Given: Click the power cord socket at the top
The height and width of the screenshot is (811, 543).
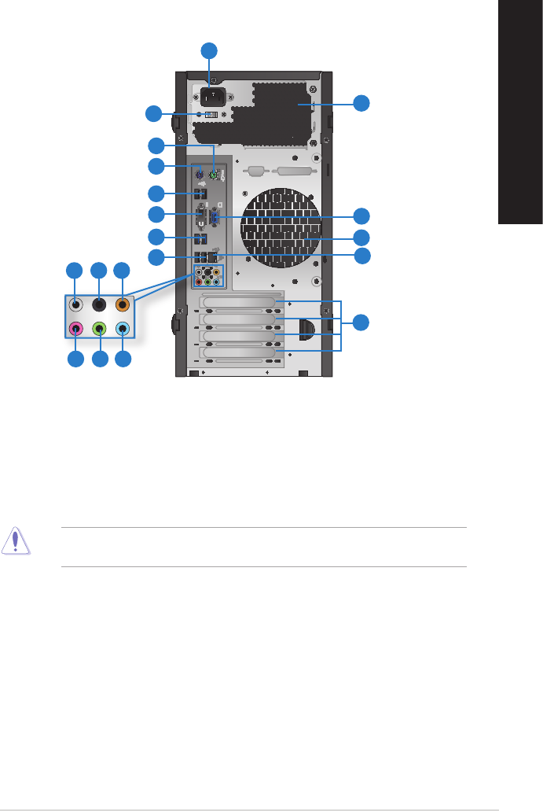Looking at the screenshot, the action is [x=211, y=96].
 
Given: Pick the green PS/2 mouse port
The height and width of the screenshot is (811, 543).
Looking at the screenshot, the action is [x=213, y=175].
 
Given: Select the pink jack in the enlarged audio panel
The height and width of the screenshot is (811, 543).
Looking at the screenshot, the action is [x=75, y=330].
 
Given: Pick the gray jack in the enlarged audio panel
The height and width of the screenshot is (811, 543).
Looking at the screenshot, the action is [x=75, y=304].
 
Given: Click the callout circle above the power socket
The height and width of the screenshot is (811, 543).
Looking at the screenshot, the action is [x=210, y=51].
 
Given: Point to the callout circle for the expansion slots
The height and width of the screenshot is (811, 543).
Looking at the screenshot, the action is [x=361, y=323].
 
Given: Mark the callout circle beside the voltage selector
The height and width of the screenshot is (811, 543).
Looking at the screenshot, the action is [x=154, y=114].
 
